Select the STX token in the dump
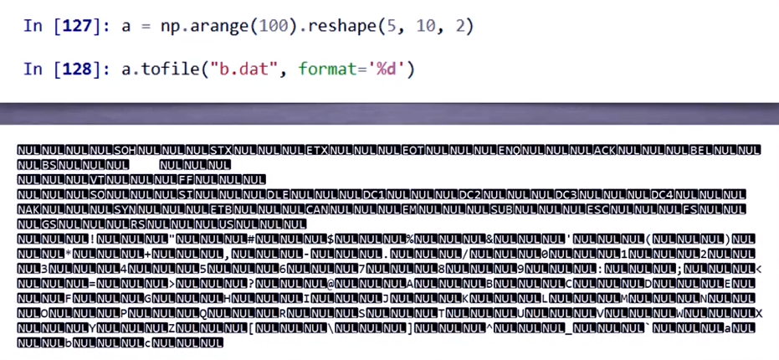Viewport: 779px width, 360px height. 221,151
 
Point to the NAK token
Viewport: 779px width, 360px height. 29,209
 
